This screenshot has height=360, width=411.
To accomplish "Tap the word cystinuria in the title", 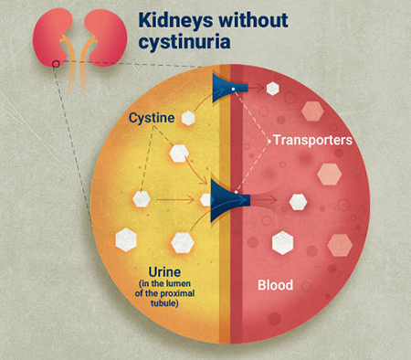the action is point(184,42).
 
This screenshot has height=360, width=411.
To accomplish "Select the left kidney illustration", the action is point(52,37).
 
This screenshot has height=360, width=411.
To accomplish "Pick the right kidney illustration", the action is point(105,37).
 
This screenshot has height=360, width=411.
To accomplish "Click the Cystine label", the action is point(152,118).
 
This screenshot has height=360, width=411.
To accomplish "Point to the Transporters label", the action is point(312,140).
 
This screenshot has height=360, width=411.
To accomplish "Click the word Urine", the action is point(164,272).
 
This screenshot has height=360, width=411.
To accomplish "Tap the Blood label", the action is point(275,285).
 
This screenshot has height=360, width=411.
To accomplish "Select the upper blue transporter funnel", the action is point(229,88).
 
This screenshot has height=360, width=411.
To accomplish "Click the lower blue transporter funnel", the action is point(229,200).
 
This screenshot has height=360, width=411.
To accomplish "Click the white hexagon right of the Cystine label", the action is point(188,118).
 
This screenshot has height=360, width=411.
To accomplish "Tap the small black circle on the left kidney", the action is point(56,64).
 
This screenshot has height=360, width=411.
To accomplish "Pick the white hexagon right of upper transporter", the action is point(273,89).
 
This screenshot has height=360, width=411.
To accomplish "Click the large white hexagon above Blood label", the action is point(283,243).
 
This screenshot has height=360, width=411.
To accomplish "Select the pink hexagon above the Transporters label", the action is point(312,111).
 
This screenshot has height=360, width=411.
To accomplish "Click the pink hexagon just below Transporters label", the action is point(329,175).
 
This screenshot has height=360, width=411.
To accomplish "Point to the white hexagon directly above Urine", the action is point(183,243).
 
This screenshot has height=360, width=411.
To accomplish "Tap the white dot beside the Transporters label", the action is point(269,141).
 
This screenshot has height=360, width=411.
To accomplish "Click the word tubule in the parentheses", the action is point(164,303).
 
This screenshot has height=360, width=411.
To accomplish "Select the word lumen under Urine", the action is point(178,283).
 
